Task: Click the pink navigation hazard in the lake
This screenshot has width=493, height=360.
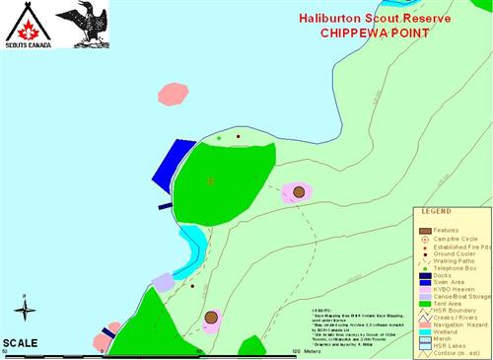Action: point(173,94)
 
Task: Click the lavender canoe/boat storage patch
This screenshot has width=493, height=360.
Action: point(163,282)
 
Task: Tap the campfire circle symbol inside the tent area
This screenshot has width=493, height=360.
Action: point(210,180)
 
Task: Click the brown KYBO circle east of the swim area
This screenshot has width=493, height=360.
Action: point(299,191)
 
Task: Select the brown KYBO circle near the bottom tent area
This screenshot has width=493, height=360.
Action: point(211,318)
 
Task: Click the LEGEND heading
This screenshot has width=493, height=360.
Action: point(438,211)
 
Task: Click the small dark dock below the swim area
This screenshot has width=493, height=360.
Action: point(165,207)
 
